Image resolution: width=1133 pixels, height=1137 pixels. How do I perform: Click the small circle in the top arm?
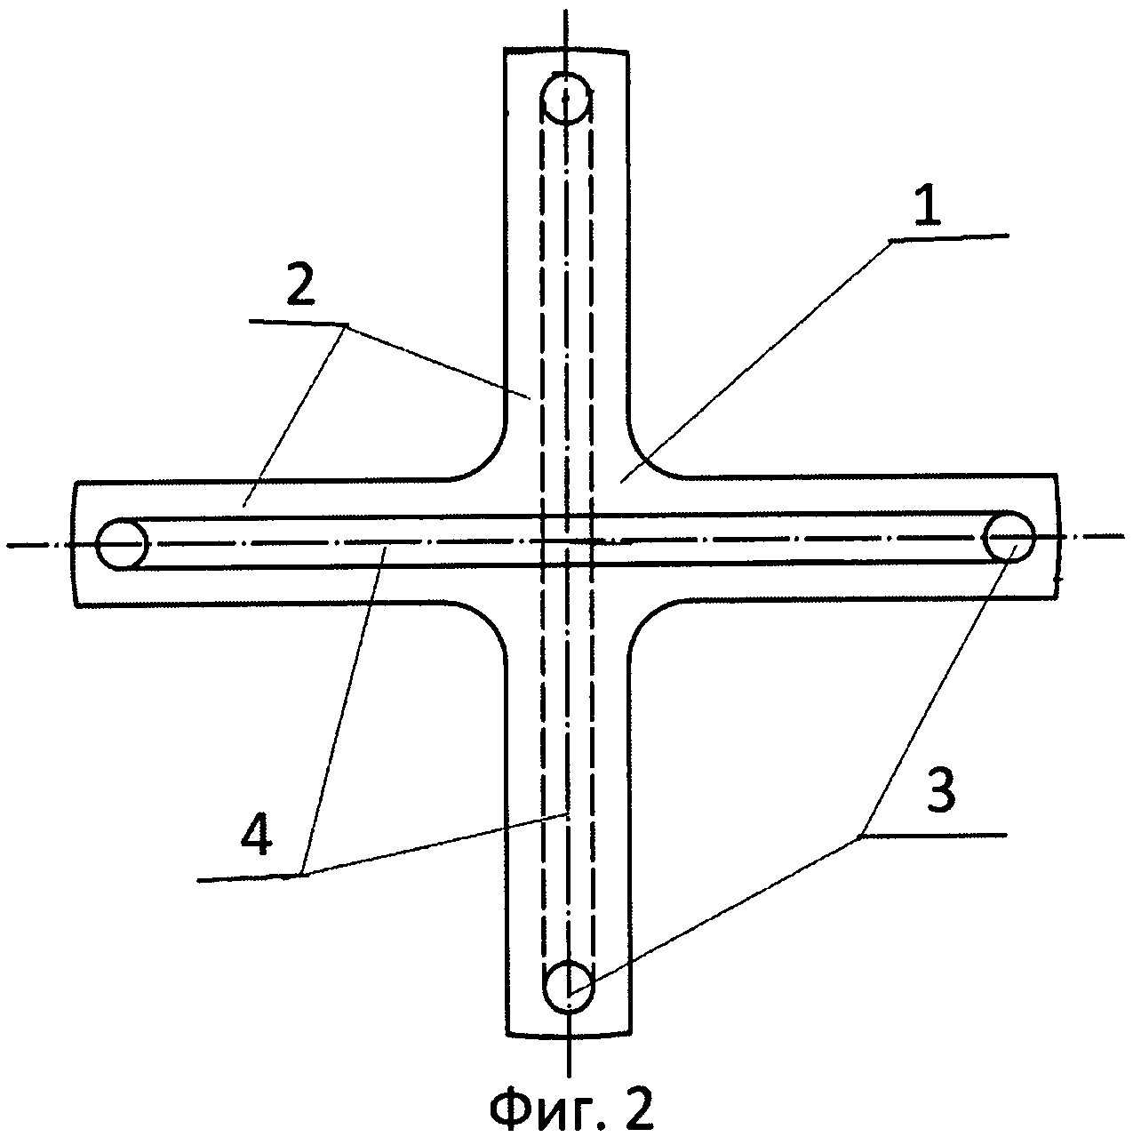(564, 99)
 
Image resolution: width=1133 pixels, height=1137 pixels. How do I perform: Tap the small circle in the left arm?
(122, 544)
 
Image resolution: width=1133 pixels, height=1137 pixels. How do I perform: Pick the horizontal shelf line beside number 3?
(933, 835)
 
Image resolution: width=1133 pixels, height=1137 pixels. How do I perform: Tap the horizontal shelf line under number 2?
(299, 323)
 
